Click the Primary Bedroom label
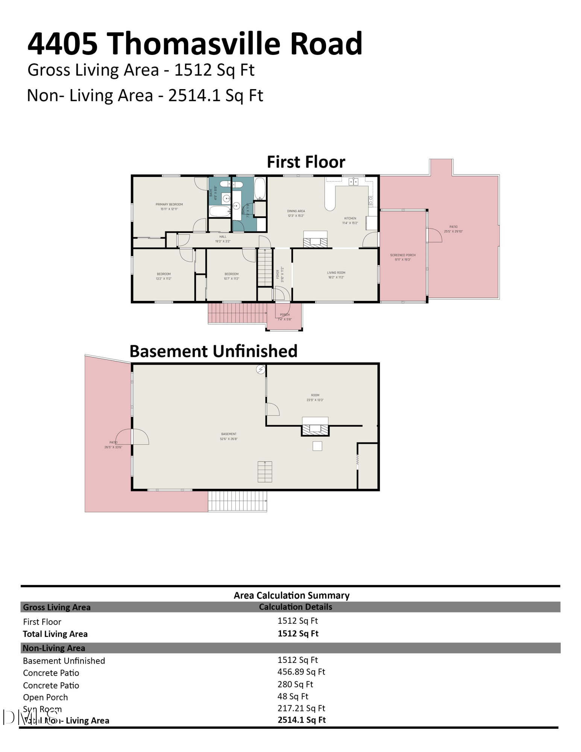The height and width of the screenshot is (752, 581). pyautogui.click(x=169, y=206)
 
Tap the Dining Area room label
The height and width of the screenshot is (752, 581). pyautogui.click(x=296, y=213)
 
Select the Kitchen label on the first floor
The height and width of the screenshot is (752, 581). pyautogui.click(x=350, y=220)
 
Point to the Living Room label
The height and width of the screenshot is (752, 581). pyautogui.click(x=336, y=275)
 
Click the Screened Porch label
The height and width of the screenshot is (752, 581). pyautogui.click(x=403, y=257)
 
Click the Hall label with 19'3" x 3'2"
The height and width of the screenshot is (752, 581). pyautogui.click(x=223, y=239)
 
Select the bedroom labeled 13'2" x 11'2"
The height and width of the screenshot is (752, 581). pyautogui.click(x=164, y=276)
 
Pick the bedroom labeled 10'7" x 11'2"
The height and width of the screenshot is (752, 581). pyautogui.click(x=232, y=276)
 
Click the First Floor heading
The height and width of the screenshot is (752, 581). pyautogui.click(x=306, y=162)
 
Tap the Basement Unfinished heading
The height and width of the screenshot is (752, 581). pyautogui.click(x=213, y=351)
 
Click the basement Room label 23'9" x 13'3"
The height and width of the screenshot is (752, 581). pyautogui.click(x=315, y=397)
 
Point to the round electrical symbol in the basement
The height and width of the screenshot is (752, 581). pyautogui.click(x=260, y=370)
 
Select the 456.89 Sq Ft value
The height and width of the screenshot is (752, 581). pyautogui.click(x=301, y=672)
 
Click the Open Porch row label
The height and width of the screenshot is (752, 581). pyautogui.click(x=46, y=697)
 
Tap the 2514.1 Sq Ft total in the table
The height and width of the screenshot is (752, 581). pyautogui.click(x=302, y=720)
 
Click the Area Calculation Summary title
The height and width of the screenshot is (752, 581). pyautogui.click(x=291, y=595)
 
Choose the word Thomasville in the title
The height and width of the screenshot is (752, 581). pyautogui.click(x=195, y=44)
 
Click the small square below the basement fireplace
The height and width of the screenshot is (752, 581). pyautogui.click(x=317, y=446)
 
